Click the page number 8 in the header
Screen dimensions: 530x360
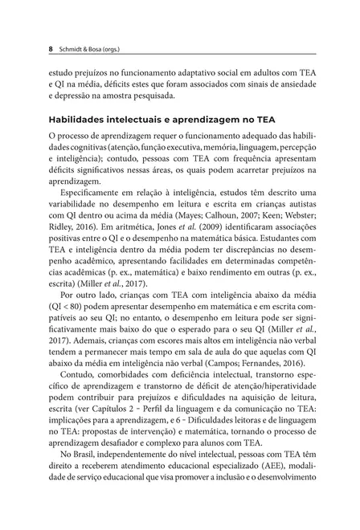[51, 47]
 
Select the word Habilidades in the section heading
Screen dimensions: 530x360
[80, 120]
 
